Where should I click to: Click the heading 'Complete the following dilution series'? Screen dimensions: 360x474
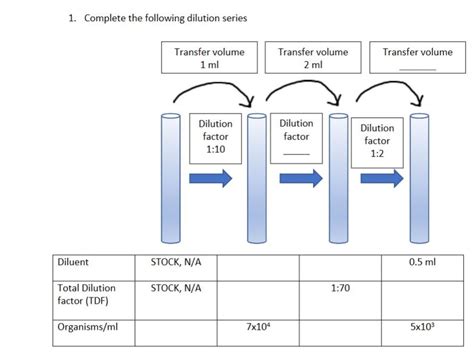click(150, 18)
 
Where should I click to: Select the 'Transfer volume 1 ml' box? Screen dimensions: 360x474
click(210, 57)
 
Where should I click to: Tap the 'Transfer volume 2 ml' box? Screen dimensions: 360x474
click(313, 57)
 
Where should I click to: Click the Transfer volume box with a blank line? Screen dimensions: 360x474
click(417, 57)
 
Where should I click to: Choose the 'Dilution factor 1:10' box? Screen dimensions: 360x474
click(216, 136)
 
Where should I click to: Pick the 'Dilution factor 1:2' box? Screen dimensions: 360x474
click(377, 140)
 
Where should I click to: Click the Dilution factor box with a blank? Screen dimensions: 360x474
click(296, 136)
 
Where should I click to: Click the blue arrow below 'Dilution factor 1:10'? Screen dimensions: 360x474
click(212, 178)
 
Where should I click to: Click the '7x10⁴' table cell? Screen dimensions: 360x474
click(257, 327)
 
